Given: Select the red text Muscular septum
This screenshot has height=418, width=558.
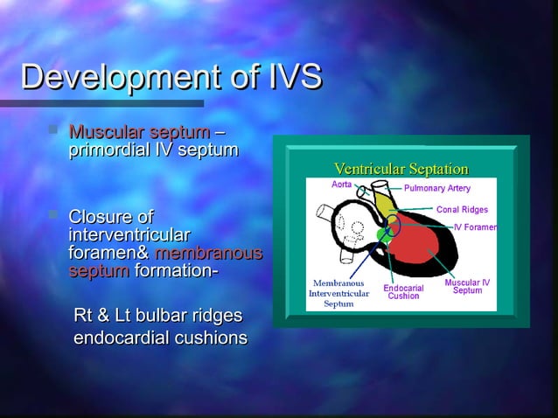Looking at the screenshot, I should click(x=138, y=133).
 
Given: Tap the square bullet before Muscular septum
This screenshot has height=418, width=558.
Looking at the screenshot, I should click(x=56, y=132).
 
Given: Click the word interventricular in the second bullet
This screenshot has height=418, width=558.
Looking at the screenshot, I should click(x=129, y=235).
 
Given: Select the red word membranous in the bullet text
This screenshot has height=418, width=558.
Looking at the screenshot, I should click(x=208, y=254).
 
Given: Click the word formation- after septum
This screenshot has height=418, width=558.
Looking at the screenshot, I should click(x=176, y=271).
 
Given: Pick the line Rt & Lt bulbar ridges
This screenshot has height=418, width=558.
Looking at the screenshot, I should click(x=157, y=316).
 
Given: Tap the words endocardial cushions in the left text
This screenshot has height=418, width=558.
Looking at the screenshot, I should click(x=160, y=338).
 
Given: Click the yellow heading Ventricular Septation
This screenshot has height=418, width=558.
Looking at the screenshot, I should click(x=401, y=169).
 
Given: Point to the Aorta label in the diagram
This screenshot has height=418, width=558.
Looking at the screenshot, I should click(x=342, y=185).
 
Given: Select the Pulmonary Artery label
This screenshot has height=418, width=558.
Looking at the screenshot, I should click(x=436, y=188).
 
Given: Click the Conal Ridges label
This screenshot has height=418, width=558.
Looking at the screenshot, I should click(x=462, y=210).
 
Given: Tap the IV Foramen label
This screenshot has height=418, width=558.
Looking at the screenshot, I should click(x=475, y=227).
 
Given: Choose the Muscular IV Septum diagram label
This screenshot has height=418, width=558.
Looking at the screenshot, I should click(x=467, y=286).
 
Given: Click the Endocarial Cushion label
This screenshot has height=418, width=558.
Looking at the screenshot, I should click(x=403, y=291).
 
